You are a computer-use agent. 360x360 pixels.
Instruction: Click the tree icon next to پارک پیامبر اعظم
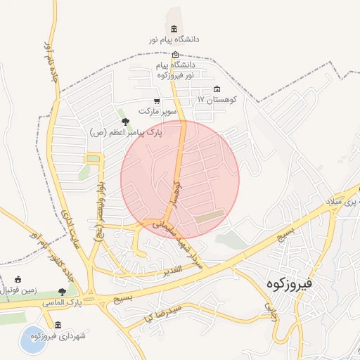coord(125,122)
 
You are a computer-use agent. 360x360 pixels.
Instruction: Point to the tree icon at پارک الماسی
coord(62,291)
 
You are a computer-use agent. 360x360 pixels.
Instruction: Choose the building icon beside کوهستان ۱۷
coord(216,89)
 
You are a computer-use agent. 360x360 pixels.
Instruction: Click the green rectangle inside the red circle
coord(210,217)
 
